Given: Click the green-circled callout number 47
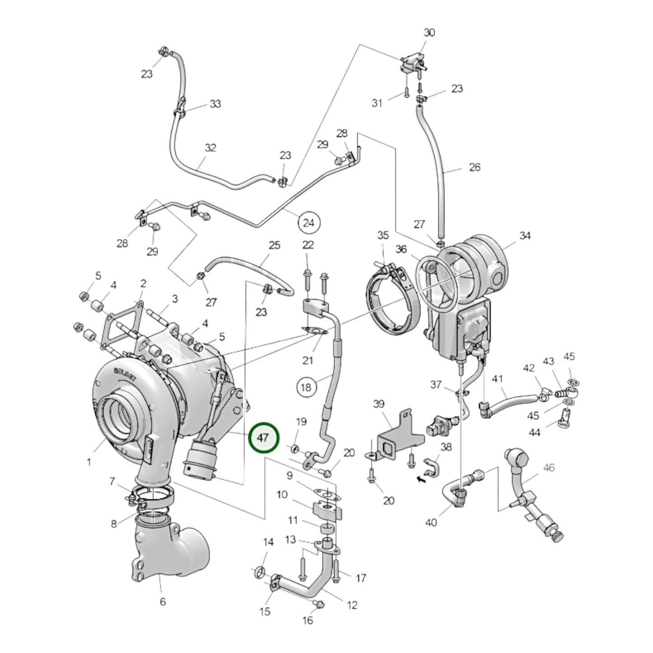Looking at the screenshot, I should pyautogui.click(x=264, y=438).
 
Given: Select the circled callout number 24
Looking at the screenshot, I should pyautogui.click(x=309, y=222).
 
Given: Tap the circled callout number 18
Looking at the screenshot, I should pyautogui.click(x=306, y=387).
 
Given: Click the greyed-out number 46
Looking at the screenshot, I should pyautogui.click(x=548, y=468).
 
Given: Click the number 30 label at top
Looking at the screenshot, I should pyautogui.click(x=429, y=33).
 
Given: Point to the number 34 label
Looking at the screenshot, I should pyautogui.click(x=525, y=235).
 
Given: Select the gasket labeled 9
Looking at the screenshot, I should pyautogui.click(x=326, y=493).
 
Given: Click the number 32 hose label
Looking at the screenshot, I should pyautogui.click(x=211, y=148).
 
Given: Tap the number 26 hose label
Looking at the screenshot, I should pyautogui.click(x=474, y=167).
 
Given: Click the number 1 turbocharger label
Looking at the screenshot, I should pyautogui.click(x=89, y=462).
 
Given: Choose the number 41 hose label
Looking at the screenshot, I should pyautogui.click(x=497, y=379).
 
